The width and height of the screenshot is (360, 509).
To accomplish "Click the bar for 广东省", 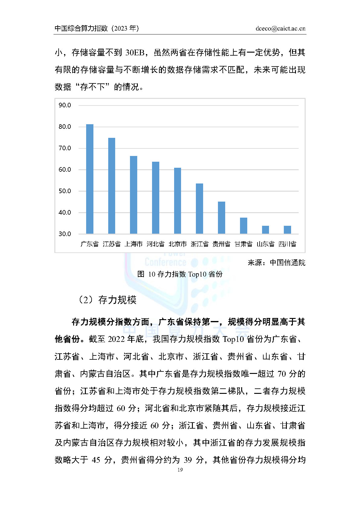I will coord(90,179).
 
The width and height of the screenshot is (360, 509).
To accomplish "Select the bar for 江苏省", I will coord(112,186).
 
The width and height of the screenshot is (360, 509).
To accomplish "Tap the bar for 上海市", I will coord(134,195).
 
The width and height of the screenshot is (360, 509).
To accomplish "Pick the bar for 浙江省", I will coord(199,209).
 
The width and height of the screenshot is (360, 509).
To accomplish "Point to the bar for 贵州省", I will coord(222,218).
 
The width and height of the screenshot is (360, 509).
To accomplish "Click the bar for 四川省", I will coord(287,230).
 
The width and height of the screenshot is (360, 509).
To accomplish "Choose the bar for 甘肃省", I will coord(244,225).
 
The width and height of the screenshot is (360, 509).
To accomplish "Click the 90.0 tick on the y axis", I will coord(65,105).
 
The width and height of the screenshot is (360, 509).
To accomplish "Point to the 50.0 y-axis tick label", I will coord(65,191).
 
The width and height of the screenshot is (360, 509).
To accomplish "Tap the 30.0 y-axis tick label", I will coord(65,234).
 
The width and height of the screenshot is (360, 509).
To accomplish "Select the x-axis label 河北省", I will coord(155,244).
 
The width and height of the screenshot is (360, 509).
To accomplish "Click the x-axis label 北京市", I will coord(177,244).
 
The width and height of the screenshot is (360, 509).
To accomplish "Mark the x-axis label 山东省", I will coord(265,244).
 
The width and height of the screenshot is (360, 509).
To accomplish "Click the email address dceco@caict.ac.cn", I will coord(280,29).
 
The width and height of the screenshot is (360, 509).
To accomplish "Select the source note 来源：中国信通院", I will coord(276,263).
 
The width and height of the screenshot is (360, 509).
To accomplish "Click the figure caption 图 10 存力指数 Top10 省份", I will coord(180,274).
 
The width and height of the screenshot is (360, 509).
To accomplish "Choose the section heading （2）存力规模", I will coord(107,300).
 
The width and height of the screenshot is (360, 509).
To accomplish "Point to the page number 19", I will coord(180,470).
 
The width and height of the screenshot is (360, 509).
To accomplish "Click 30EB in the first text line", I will coord(135,53).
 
